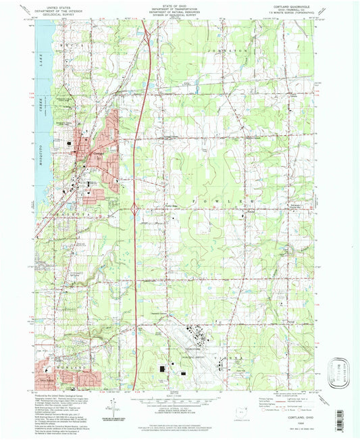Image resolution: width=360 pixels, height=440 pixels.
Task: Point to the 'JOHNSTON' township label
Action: [234, 49]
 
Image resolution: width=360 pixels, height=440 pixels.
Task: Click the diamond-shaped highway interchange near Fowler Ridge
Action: [136, 210]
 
